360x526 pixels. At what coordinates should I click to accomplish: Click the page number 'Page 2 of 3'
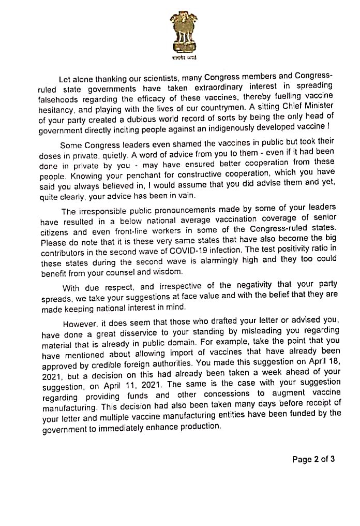point(313,459)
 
